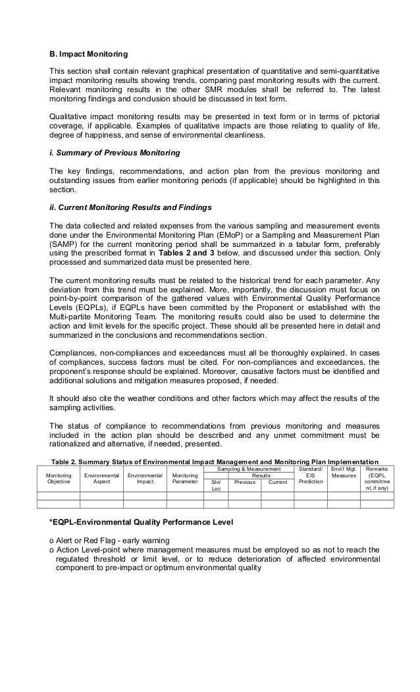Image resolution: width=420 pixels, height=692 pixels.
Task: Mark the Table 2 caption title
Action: point(215,461)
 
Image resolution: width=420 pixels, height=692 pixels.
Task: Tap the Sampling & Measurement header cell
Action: point(248,469)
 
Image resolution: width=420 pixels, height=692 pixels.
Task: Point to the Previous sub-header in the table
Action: point(245,483)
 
